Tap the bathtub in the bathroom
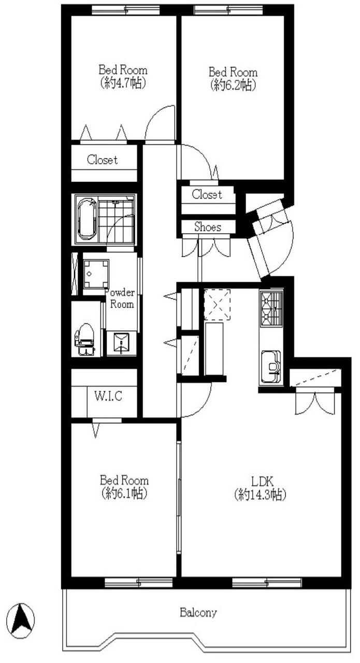pos(87,220)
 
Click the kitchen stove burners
pos(271,308)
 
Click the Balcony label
pos(198,612)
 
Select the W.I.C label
pos(108,396)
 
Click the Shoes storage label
pos(208,227)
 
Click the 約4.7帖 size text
pos(123,83)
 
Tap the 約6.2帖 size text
pos(233,85)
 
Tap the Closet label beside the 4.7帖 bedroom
pos(103,160)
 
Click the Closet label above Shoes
pos(207,194)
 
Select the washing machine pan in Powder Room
pos(96,274)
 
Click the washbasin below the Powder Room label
pos(122,343)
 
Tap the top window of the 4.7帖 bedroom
pos(126,10)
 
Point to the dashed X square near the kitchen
pos(218,304)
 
